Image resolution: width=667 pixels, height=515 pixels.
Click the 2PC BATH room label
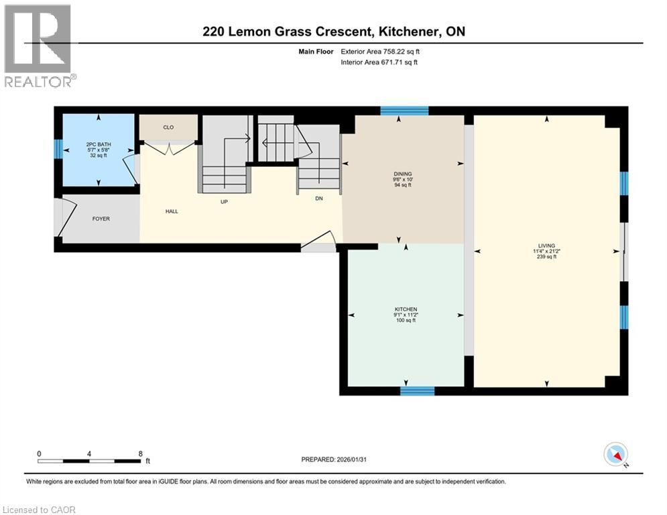coord(99,144)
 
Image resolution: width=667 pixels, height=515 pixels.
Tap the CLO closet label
coord(168,127)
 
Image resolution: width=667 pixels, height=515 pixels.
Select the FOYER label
coord(101,219)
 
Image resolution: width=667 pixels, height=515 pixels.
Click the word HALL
coord(171,211)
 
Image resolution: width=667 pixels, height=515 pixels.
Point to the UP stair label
coord(225,201)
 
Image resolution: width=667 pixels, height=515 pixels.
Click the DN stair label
coord(319,198)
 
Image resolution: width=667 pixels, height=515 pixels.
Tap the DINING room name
coord(403,174)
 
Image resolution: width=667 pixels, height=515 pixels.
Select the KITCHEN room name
coord(406,309)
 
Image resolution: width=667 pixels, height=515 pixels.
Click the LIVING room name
coord(546,245)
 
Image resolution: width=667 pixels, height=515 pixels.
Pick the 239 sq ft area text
coord(546,257)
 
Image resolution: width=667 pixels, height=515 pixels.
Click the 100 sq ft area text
coord(406,321)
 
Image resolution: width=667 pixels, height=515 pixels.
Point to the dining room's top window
coord(404,111)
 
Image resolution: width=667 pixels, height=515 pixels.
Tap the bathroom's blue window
coord(58,149)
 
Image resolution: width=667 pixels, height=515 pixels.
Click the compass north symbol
coord(615,455)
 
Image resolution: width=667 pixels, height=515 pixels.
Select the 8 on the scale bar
coord(140,453)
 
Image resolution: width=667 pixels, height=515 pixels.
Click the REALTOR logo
coord(39,46)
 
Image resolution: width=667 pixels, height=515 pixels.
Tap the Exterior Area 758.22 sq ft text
coord(380,51)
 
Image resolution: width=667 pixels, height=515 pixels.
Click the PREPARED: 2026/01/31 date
coord(335,459)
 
